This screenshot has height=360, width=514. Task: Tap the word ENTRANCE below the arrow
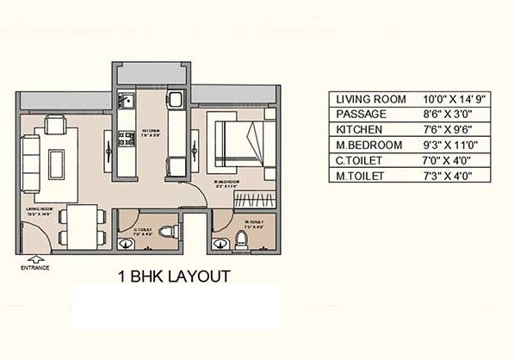(x=35, y=268)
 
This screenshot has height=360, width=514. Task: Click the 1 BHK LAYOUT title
(x=172, y=276)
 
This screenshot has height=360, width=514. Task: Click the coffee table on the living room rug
(x=58, y=161)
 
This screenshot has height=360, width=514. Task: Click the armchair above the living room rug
(x=53, y=127)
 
